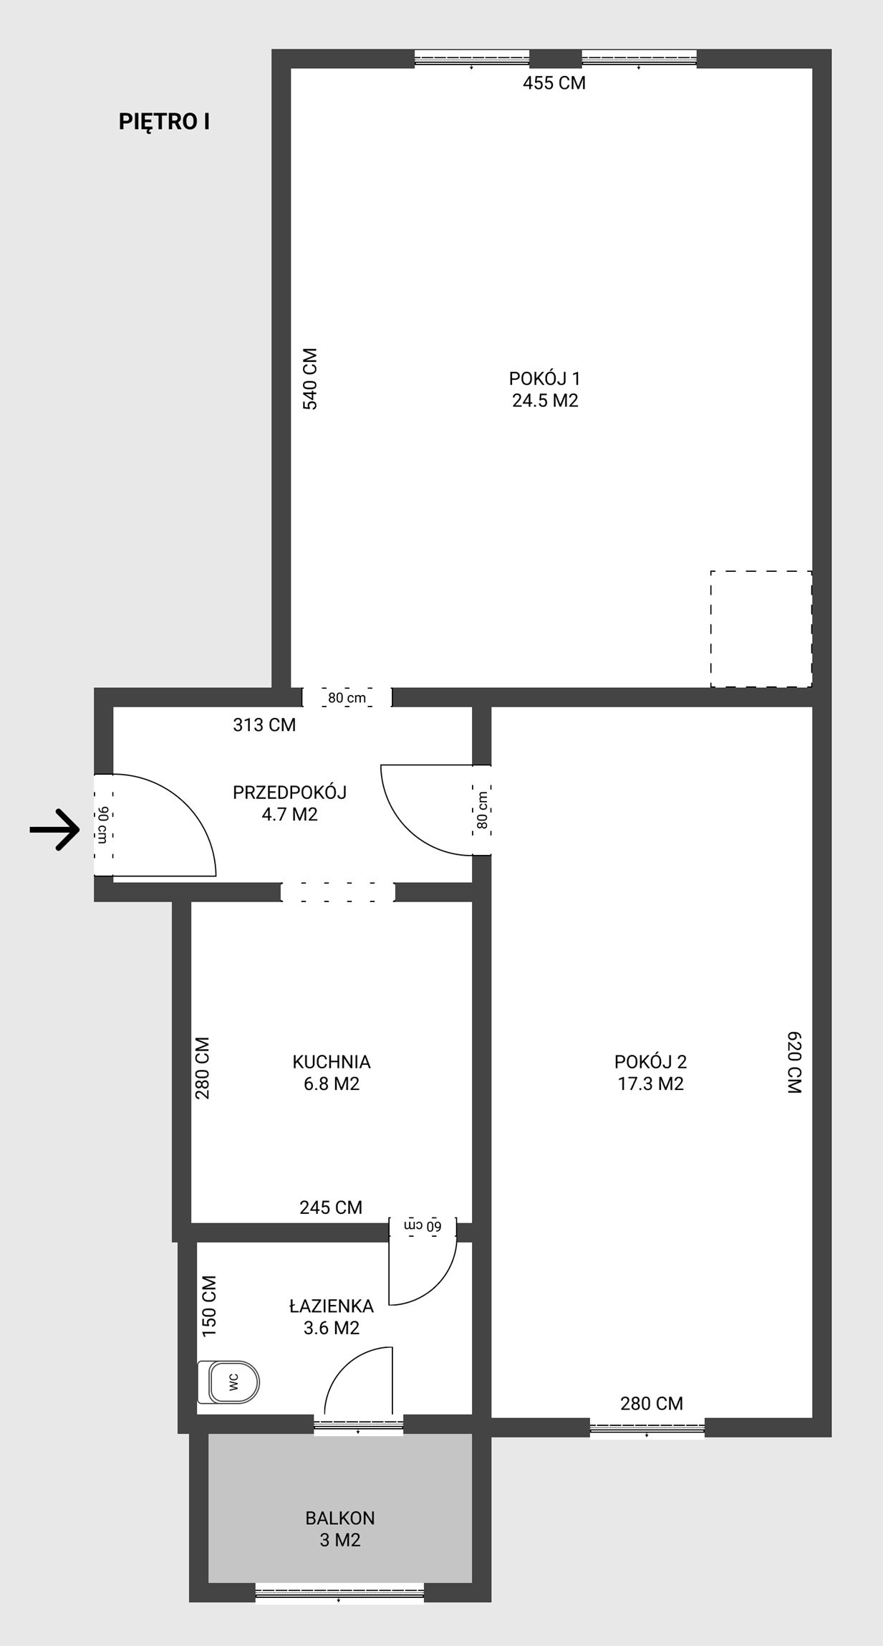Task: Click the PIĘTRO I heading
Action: [x=164, y=123]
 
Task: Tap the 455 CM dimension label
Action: [x=554, y=83]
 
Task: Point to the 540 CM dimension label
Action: [x=310, y=379]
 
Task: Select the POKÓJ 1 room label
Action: [x=545, y=378]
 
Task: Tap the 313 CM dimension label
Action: [x=264, y=725]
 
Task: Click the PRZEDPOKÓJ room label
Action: [x=290, y=793]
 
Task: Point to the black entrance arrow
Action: [x=54, y=830]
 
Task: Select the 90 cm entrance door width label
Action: [x=103, y=825]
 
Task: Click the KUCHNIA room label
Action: [x=332, y=1062]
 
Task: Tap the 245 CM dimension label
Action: [x=331, y=1207]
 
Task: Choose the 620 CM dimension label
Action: [x=794, y=1062]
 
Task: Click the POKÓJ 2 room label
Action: [x=651, y=1062]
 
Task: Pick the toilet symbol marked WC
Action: [x=228, y=1382]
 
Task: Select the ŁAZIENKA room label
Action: [x=332, y=1306]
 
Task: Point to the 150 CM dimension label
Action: [x=209, y=1306]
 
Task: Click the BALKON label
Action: [x=340, y=1518]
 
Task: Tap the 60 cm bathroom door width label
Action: [x=423, y=1226]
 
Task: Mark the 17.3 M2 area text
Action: [x=651, y=1084]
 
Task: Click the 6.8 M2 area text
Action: [x=332, y=1084]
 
